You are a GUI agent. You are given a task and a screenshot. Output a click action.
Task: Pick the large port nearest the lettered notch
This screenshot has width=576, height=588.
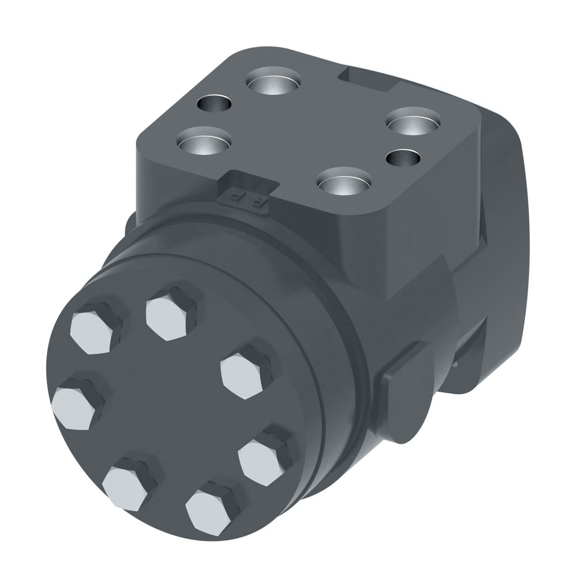tap(343, 183)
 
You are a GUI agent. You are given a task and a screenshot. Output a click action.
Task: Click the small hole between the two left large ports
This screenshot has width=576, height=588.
tap(214, 104)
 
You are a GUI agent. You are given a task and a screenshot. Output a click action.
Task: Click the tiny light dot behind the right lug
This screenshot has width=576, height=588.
tap(456, 365)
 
